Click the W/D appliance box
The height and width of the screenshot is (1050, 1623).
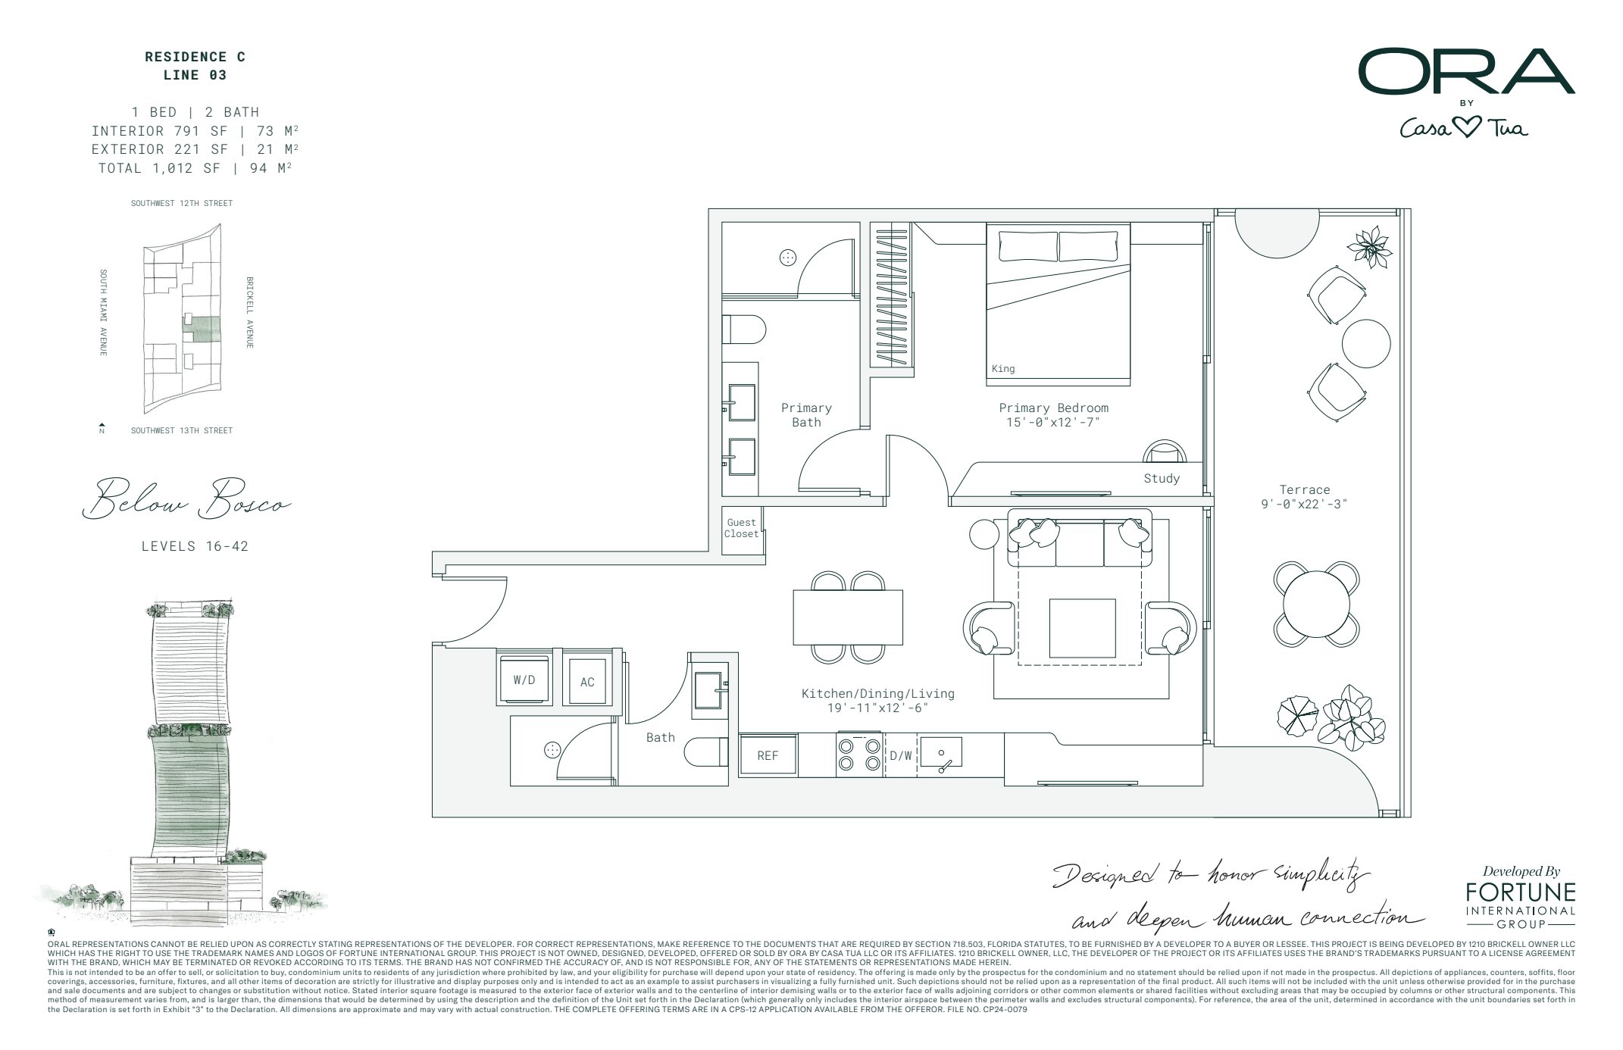(x=524, y=680)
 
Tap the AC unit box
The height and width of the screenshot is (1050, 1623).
(x=587, y=682)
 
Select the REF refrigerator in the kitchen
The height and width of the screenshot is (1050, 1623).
(x=768, y=755)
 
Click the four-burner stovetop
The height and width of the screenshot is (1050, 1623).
(x=860, y=755)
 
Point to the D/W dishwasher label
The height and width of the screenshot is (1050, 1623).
(x=901, y=755)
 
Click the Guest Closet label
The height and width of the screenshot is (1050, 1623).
(x=741, y=528)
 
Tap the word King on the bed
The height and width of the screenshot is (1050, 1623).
(x=1002, y=369)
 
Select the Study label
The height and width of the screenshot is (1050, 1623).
(x=1162, y=478)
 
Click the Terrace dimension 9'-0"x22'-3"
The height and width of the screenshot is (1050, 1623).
(x=1304, y=504)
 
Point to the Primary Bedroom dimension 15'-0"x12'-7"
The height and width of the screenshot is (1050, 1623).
(x=1053, y=422)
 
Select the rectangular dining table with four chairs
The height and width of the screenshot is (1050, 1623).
(x=848, y=617)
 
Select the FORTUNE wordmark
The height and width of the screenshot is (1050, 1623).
(x=1520, y=892)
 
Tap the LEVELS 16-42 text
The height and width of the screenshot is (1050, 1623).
(x=195, y=546)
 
